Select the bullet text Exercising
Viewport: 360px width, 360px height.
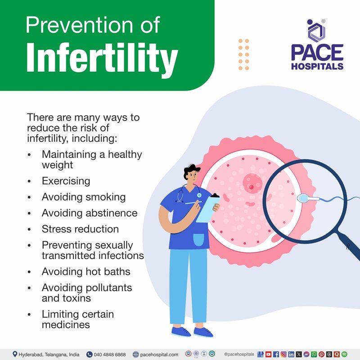click(66, 181)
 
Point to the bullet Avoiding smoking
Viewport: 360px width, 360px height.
click(84, 197)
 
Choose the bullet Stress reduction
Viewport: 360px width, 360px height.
click(80, 229)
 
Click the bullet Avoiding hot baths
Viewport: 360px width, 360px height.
click(86, 271)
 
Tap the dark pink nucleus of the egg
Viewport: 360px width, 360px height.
click(252, 182)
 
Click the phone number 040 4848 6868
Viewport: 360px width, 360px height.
click(110, 354)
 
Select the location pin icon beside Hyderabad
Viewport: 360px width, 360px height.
click(15, 354)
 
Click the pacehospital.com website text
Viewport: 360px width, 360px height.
click(158, 354)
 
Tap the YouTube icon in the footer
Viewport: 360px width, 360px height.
click(269, 354)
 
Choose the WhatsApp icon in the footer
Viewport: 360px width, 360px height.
click(314, 354)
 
